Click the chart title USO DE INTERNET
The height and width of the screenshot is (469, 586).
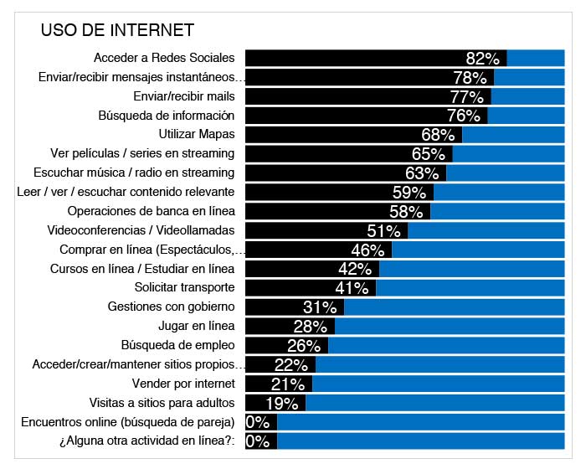pos(117,31)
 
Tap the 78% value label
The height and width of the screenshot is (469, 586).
pos(470,78)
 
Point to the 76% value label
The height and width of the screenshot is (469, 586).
pos(464,116)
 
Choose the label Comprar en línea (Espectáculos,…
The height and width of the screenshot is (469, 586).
pos(152,250)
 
